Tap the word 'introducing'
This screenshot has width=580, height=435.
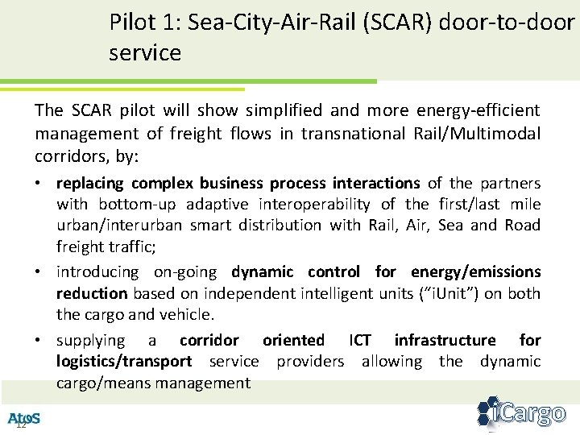[97, 272]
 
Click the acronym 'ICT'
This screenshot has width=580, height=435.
[359, 341]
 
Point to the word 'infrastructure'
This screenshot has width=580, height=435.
[445, 341]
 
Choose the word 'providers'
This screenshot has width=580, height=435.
[309, 362]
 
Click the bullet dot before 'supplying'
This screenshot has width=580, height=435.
[39, 341]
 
